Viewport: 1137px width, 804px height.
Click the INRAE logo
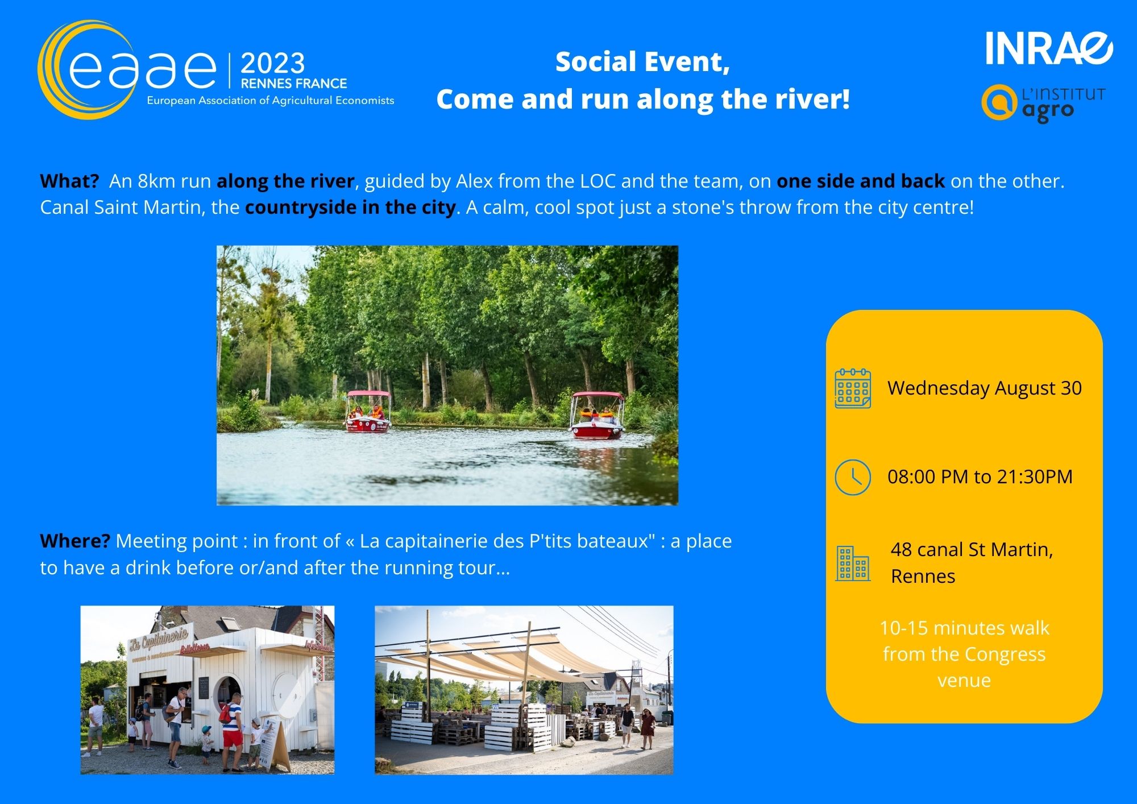coord(1049,48)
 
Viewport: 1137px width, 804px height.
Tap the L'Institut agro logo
coord(1044,103)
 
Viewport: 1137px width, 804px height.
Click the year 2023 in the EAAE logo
coord(272,63)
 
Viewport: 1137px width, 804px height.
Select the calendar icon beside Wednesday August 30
coord(853,388)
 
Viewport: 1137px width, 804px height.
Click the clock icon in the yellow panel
coord(853,477)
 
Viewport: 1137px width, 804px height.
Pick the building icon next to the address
coord(853,563)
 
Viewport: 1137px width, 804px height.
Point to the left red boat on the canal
coord(368,412)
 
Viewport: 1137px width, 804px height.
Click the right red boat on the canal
coord(597,416)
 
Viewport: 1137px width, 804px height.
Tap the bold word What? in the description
coord(69,181)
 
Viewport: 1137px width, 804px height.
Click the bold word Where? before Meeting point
coord(74,541)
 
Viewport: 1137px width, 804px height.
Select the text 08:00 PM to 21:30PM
coord(980,476)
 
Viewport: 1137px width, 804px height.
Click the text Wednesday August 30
coord(985,388)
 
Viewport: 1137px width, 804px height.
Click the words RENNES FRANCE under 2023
coord(293,84)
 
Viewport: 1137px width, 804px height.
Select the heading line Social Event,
coord(642,62)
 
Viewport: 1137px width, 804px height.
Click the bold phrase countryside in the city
coord(350,207)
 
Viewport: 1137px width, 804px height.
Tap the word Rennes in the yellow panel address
coord(923,576)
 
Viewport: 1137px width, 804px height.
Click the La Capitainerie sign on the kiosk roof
coord(159,639)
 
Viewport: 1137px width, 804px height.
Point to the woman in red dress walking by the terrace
coord(648,728)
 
